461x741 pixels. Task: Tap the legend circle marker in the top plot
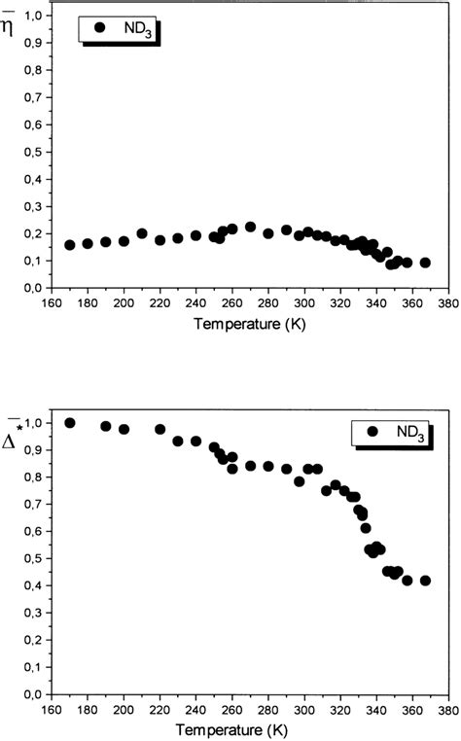click(x=98, y=28)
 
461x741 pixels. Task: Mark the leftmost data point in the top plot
click(x=70, y=245)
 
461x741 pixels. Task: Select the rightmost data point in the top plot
click(x=425, y=263)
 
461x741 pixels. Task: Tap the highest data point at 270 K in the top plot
click(x=250, y=227)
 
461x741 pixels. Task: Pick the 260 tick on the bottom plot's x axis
click(x=231, y=709)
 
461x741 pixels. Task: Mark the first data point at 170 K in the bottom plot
click(x=70, y=423)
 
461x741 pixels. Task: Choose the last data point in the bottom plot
click(x=425, y=581)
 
